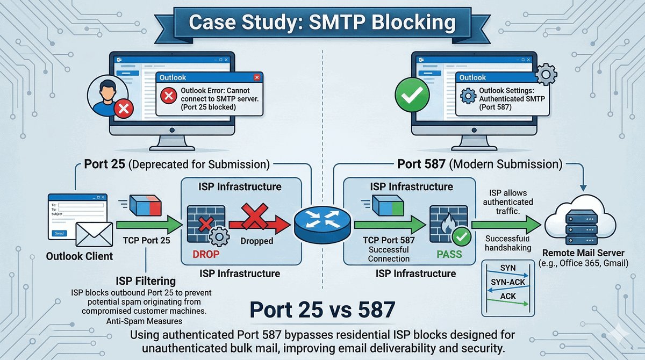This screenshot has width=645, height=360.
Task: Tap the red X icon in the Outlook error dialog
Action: [x=169, y=97]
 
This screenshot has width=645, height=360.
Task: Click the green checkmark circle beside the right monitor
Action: [x=410, y=97]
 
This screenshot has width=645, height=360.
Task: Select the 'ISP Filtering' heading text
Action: [x=146, y=280]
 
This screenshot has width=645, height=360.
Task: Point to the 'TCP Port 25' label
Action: [x=146, y=240]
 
